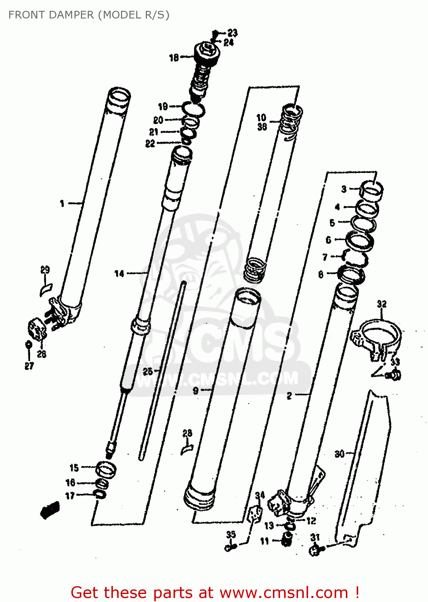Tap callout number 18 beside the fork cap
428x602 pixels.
click(x=174, y=58)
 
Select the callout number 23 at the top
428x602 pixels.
click(x=232, y=33)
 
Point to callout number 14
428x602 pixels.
click(x=119, y=274)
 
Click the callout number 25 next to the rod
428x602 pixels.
click(x=148, y=372)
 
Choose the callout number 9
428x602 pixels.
click(x=196, y=390)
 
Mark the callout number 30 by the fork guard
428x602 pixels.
click(x=339, y=454)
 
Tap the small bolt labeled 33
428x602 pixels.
click(x=394, y=376)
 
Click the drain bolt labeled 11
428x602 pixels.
click(x=286, y=540)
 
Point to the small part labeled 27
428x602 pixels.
click(x=28, y=345)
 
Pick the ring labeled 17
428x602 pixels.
click(x=100, y=494)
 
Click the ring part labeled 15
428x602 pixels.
click(x=106, y=469)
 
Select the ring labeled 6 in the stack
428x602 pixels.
click(x=360, y=241)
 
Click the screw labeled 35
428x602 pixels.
click(x=230, y=547)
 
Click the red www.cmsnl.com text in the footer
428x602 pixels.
click(x=284, y=593)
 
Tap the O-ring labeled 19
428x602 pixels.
click(x=194, y=108)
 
